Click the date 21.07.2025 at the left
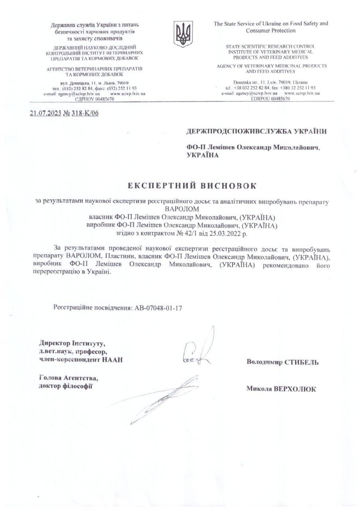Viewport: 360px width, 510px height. coord(46,113)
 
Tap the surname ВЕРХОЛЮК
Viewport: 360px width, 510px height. coord(294,389)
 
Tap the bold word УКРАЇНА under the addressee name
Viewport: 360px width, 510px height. coord(203,155)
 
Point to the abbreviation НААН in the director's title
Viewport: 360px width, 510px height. coord(112,360)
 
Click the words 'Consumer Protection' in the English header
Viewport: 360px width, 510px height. coord(270,30)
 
